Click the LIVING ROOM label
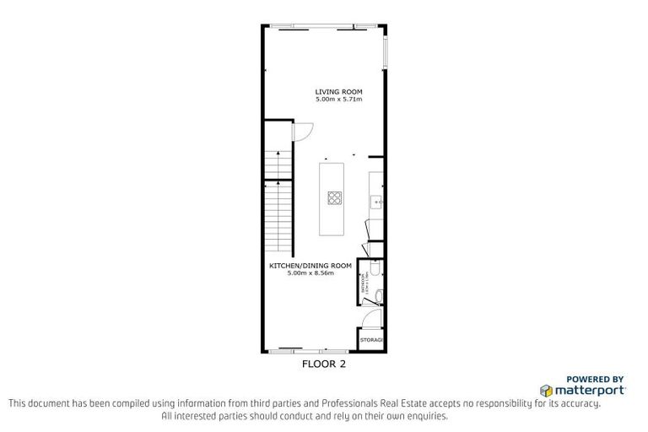(x=338, y=92)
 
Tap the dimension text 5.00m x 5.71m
(x=338, y=100)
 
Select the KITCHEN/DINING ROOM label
(x=310, y=266)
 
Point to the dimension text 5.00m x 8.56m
(x=310, y=273)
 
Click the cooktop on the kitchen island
(x=334, y=199)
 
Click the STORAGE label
(x=371, y=340)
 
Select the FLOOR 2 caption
(x=324, y=365)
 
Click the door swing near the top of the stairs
(x=303, y=132)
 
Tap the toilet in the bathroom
(x=379, y=294)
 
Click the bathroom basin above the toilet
(x=378, y=267)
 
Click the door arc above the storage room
(x=374, y=318)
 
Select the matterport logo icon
(x=546, y=391)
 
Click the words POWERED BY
(x=595, y=380)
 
